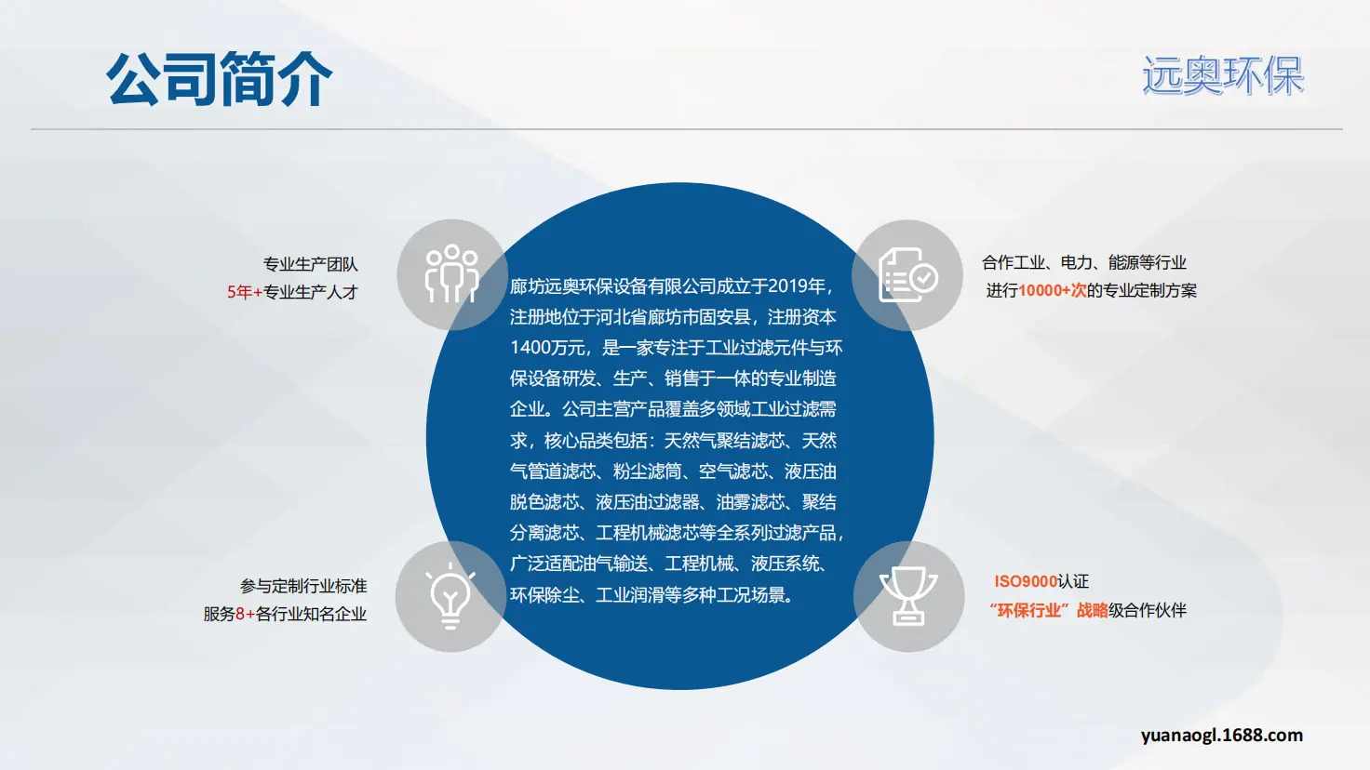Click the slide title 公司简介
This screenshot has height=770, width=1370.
coord(219,79)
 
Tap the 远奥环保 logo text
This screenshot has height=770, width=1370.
coord(1223,75)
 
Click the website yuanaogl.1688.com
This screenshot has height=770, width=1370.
coord(1221,736)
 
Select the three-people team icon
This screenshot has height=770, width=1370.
coord(452,273)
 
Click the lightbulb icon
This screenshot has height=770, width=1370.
coord(450,596)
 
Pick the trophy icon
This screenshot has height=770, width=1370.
coord(908,596)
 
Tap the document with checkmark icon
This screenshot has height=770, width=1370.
coord(908,275)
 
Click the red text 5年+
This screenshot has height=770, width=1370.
coord(245,292)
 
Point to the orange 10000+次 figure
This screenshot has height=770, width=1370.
coord(1053,290)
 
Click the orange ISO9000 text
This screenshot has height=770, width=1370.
coord(1026,581)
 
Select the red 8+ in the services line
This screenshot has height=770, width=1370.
coord(246,614)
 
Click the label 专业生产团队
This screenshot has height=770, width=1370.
coord(310,264)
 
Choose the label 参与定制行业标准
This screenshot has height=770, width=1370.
coord(303,586)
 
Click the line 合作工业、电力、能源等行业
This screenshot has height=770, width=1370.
coord(1084,263)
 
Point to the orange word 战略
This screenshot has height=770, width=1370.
coord(1093,610)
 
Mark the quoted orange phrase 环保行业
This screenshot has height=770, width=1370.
coord(1028,610)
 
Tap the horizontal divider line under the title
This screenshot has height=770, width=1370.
coord(687,129)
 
